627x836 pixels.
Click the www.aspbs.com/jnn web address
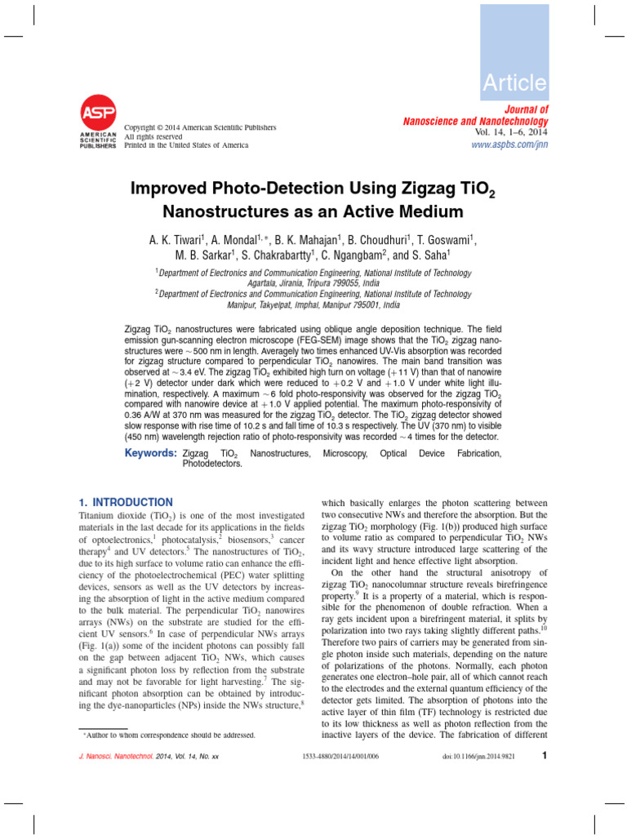pos(510,145)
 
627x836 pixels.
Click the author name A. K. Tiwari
pos(176,240)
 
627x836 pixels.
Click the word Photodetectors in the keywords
pos(212,464)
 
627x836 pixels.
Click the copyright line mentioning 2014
pos(200,127)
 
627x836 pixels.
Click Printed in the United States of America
pos(186,145)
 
